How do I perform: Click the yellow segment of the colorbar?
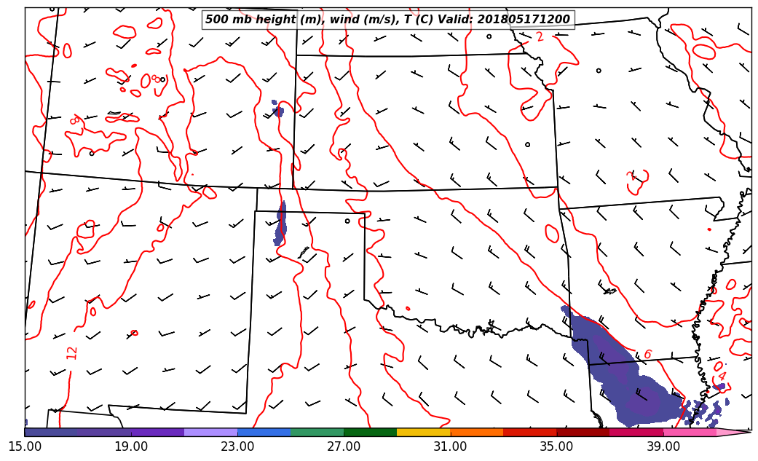(424, 433)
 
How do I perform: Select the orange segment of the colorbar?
(477, 433)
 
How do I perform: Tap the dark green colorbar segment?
(371, 433)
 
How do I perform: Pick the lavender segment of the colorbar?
(211, 433)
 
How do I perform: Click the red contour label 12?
(71, 352)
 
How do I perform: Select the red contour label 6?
(647, 355)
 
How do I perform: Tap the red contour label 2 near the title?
(540, 37)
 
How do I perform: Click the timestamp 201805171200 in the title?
(524, 20)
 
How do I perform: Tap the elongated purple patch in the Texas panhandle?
(281, 223)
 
